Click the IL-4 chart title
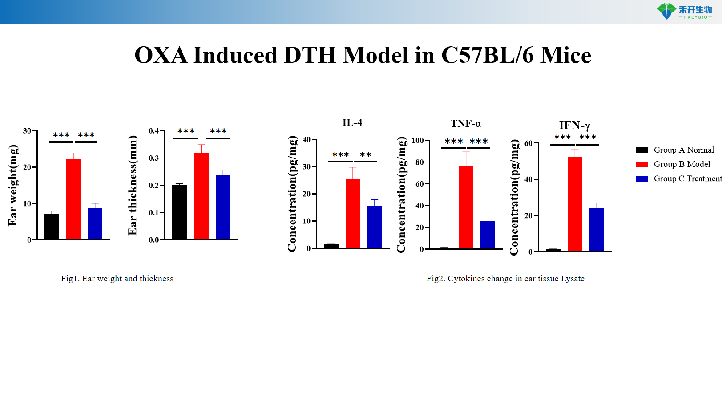point(352,123)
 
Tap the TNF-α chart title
point(465,124)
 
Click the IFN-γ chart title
point(574,126)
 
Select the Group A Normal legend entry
point(683,150)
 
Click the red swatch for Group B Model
point(641,164)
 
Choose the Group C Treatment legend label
point(687,179)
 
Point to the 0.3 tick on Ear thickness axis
point(154,158)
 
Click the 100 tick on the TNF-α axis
point(417,141)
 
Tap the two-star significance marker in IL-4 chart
point(366,154)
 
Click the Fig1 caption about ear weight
point(117,279)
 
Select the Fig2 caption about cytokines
point(505,279)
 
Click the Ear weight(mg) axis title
point(13,185)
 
